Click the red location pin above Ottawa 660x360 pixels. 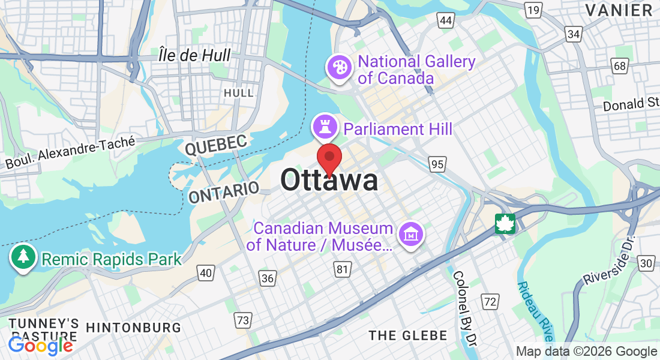pos(329,158)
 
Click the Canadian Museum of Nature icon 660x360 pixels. pos(412,233)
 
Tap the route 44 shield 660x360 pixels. pos(445,21)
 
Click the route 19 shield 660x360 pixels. pos(532,9)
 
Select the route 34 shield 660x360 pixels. pos(574,34)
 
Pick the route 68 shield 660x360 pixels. pos(619,65)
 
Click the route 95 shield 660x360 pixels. pos(437,163)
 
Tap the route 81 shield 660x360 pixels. pos(342,269)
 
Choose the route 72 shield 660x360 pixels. pos(490,301)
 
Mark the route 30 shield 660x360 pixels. pos(646,262)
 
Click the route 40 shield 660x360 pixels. pos(206,273)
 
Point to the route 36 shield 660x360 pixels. pos(268,277)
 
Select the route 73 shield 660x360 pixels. pos(242,320)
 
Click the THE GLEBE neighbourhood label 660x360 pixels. pos(408,335)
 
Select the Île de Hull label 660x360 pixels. pos(194,56)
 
